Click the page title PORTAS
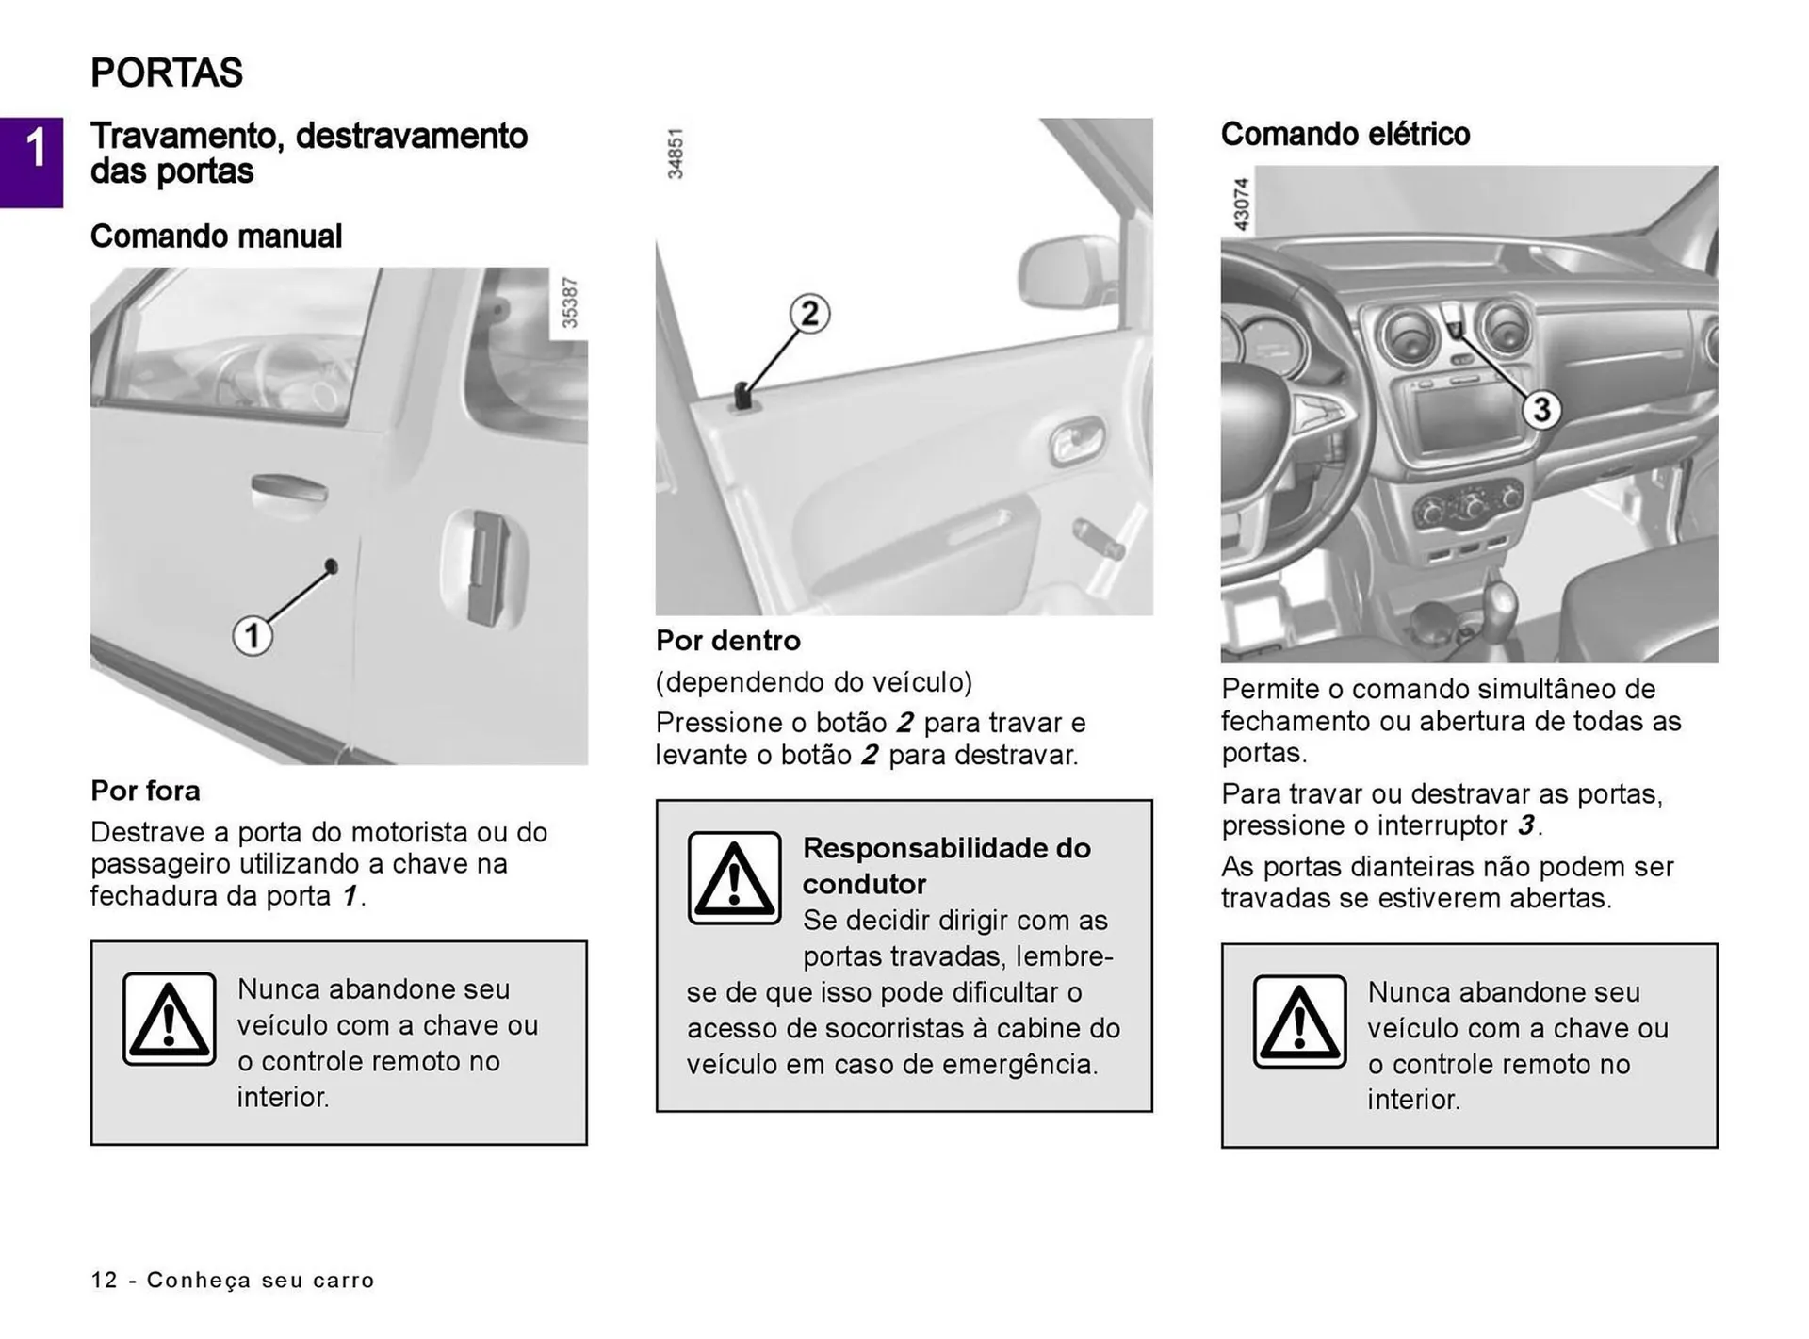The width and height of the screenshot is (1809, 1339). pos(167,73)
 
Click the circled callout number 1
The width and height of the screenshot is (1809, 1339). pos(253,635)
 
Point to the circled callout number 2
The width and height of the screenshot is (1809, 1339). pos(809,313)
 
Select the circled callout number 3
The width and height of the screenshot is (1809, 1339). pos(1541,409)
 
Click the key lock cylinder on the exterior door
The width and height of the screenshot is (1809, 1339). pos(331,565)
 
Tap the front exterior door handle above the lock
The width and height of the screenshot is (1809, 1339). pos(289,490)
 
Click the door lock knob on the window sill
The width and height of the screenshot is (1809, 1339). pos(742,396)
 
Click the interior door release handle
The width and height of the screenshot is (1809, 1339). pos(1077,440)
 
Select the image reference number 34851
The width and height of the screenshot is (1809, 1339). pos(675,154)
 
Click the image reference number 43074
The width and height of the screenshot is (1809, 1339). pos(1241,204)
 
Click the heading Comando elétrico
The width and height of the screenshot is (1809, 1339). pos(1345,134)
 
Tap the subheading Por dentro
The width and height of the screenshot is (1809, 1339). pos(727,641)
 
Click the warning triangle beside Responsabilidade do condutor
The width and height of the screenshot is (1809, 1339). pos(734,877)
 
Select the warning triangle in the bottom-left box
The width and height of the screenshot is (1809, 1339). pos(170,1019)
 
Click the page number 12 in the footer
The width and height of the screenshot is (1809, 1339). pos(104,1280)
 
